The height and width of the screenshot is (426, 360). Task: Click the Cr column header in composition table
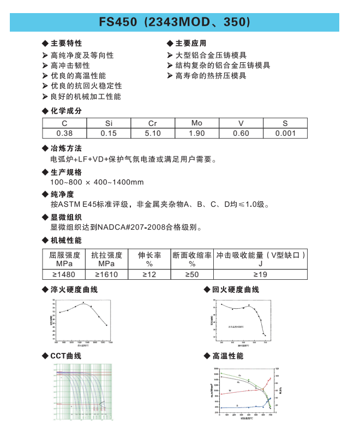pos(153,123)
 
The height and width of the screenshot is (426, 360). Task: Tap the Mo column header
pos(197,123)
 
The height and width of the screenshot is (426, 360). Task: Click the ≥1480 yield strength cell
pos(64,274)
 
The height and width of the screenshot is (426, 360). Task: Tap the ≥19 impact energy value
pos(260,274)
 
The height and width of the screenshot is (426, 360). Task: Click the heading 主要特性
pos(66,43)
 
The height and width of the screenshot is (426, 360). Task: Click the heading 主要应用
pos(190,43)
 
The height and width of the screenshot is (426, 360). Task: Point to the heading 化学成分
pos(66,111)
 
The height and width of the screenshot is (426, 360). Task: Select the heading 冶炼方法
pos(66,148)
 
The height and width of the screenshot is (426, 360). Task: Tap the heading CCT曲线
pos(65,356)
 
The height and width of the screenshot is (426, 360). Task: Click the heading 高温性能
pos(227,356)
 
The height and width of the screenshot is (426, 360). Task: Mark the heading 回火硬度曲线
pos(235,289)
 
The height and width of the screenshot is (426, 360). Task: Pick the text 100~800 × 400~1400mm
pos(97,182)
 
